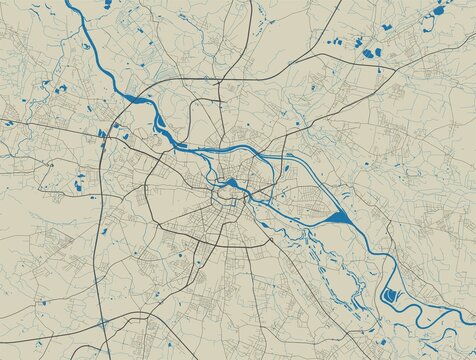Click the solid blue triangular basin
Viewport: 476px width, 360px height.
335,216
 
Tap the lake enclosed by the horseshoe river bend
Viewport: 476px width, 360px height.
392,297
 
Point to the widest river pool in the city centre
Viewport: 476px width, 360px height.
229,183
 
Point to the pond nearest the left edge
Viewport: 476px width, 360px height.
7,123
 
